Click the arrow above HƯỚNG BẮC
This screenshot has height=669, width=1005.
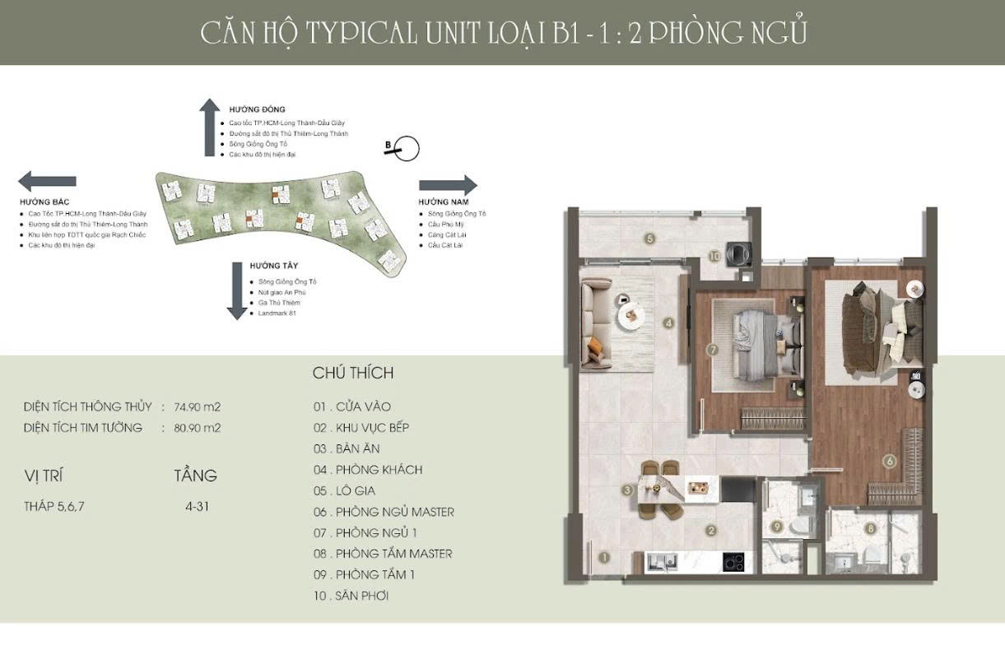48,181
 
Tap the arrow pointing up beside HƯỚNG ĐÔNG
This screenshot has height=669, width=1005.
212,127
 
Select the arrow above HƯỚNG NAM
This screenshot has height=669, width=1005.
448,185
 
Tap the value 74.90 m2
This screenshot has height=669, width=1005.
197,407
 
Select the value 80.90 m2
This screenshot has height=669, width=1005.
197,428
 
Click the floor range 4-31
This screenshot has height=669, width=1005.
198,506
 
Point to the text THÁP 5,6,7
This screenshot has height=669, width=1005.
54,506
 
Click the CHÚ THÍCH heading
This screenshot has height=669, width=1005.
353,373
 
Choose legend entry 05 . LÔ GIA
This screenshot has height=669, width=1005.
344,490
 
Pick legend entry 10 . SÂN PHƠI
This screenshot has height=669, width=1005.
351,596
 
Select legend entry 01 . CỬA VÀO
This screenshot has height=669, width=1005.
351,407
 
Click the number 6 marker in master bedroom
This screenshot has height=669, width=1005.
889,462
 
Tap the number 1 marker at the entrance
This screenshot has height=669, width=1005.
605,557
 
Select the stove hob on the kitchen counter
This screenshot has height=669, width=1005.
733,562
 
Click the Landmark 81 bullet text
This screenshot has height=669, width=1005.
276,314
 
